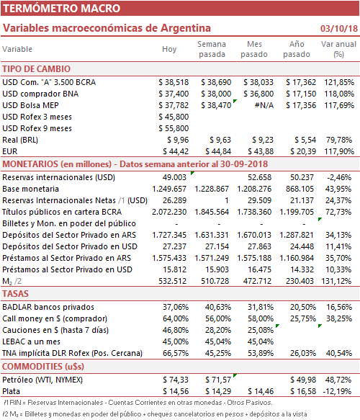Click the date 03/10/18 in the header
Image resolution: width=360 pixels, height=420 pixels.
339,28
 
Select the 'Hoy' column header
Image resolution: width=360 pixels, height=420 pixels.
169,49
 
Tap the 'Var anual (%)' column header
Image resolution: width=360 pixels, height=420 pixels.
338,49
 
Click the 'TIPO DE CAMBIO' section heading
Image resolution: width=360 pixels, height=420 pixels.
37,69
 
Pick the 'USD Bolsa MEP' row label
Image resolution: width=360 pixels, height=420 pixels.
30,105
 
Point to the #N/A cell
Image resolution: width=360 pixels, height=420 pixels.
264,105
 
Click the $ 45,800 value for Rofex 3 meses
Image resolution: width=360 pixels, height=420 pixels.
174,117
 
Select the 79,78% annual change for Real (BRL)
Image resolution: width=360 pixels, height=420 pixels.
340,140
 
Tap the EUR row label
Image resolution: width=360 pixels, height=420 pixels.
10,151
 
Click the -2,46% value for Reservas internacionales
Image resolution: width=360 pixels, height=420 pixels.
339,178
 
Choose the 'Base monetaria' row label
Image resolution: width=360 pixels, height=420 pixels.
30,189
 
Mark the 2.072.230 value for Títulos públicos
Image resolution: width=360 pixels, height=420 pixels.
169,212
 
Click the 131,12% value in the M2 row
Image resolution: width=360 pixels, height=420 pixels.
336,281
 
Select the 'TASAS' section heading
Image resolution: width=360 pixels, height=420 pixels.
15,294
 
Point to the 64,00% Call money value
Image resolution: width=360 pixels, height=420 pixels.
176,318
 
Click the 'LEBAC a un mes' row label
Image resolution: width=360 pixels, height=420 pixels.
31,341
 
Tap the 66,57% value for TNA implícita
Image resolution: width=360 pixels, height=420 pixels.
176,353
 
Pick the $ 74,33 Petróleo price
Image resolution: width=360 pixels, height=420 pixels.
176,380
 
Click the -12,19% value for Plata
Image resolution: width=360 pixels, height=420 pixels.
337,392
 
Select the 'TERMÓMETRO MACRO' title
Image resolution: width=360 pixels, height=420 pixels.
62,9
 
